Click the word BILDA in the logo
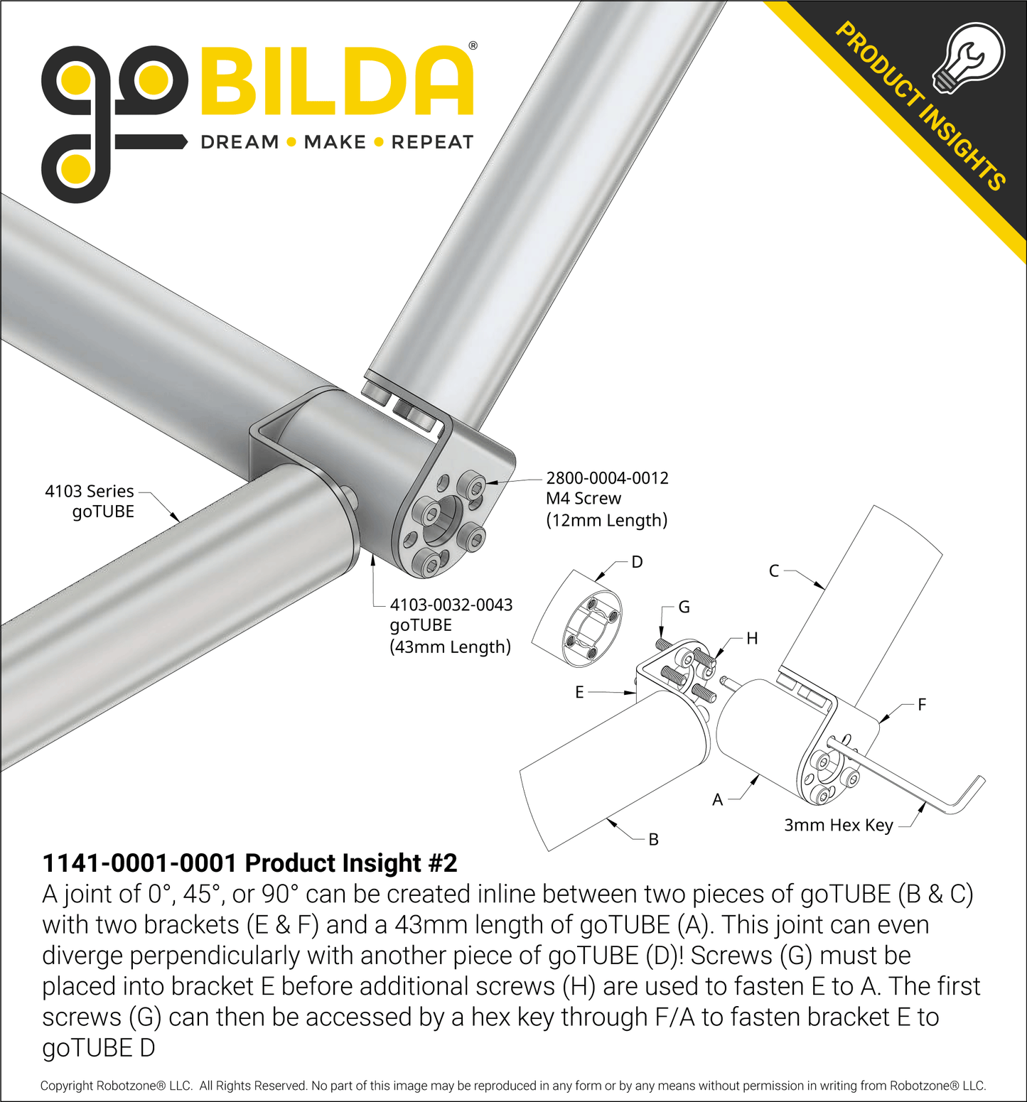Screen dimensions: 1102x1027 coord(337,81)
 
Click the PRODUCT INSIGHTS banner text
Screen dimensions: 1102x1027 coord(920,107)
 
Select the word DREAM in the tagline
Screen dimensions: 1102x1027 coord(240,142)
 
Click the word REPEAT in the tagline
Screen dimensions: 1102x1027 coord(432,142)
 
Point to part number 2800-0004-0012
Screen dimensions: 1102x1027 coord(607,478)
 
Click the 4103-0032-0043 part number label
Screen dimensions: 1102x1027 coord(451,605)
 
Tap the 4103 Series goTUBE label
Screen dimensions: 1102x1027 coord(90,501)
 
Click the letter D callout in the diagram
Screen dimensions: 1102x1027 coord(637,562)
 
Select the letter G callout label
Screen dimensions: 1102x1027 coord(684,607)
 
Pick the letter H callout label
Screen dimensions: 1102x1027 coord(752,638)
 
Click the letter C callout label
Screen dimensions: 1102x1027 coord(774,571)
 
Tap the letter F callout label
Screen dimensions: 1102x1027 coord(922,704)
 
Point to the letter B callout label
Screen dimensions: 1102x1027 coord(653,839)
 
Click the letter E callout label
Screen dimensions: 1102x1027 coord(579,692)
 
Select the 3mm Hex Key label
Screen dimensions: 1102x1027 coord(838,825)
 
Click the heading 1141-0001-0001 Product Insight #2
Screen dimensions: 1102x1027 coord(249,863)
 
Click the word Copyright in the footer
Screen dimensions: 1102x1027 coord(67,1086)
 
